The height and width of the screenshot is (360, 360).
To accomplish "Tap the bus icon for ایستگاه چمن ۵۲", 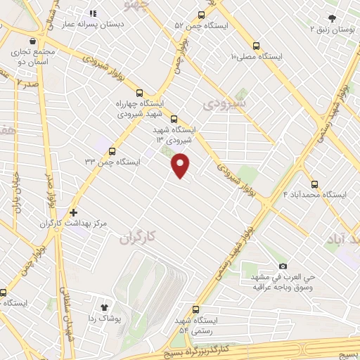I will (x=202, y=15).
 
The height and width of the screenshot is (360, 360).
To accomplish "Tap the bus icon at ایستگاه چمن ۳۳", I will (x=112, y=150).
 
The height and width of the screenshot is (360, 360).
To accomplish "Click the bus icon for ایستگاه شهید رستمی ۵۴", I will (x=195, y=309).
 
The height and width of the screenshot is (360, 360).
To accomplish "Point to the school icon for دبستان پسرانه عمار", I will (x=92, y=13).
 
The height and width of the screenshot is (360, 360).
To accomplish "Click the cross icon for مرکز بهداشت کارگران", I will (x=73, y=212).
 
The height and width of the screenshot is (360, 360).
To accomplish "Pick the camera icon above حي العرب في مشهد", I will (x=283, y=266).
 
